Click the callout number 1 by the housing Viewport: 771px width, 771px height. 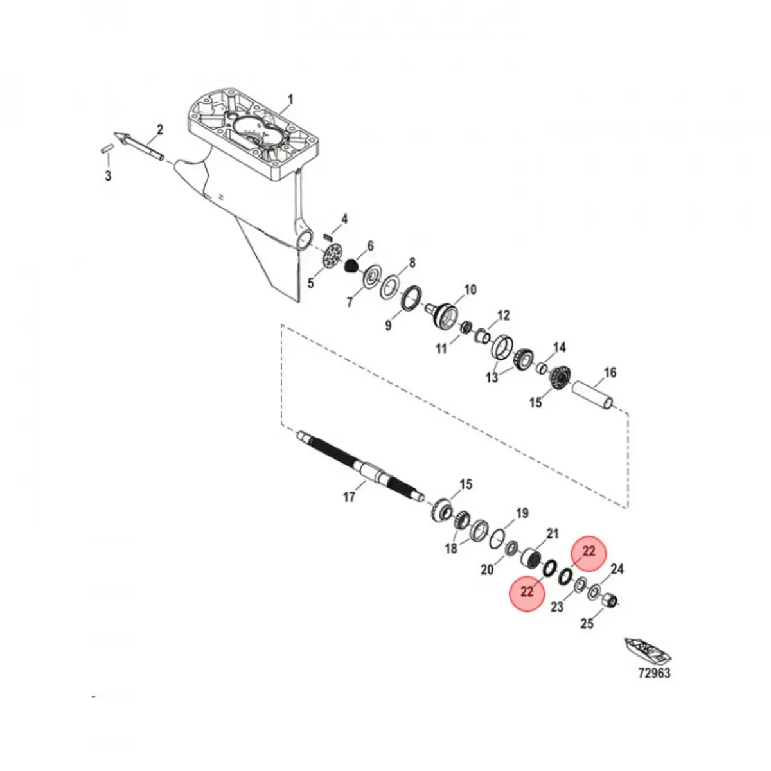[290, 100]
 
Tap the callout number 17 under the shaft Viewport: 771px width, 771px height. [349, 497]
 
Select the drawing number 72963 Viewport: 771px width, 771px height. [653, 673]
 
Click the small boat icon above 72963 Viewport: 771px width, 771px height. [647, 651]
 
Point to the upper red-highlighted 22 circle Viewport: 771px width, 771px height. [589, 552]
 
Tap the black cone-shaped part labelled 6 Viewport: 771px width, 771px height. [351, 265]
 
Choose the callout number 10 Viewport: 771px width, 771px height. [470, 290]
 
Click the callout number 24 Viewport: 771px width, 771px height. [617, 569]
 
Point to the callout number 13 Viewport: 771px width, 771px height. [492, 378]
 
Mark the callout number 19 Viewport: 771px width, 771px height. [522, 513]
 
